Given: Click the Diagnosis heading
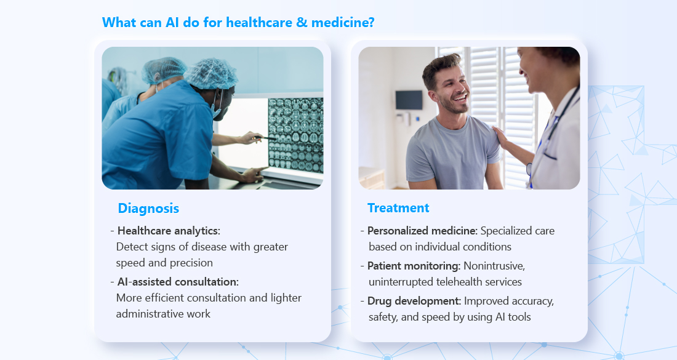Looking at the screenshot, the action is [x=148, y=209].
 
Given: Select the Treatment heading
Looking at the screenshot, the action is [x=398, y=208].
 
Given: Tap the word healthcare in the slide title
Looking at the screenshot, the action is [x=259, y=22].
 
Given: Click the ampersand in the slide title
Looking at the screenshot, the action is [x=302, y=22].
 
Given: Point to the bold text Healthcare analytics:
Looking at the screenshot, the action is [x=169, y=231].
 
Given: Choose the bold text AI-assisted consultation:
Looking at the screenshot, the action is [x=178, y=282].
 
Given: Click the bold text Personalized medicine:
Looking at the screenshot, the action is [x=422, y=231].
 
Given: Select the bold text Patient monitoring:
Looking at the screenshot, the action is [x=414, y=266].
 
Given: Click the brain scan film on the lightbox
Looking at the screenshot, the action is [x=296, y=135].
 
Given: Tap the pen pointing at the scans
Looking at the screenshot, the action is [x=265, y=138].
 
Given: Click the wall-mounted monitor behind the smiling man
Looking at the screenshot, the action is [x=409, y=100].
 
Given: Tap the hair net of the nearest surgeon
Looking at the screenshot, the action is [x=211, y=73].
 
